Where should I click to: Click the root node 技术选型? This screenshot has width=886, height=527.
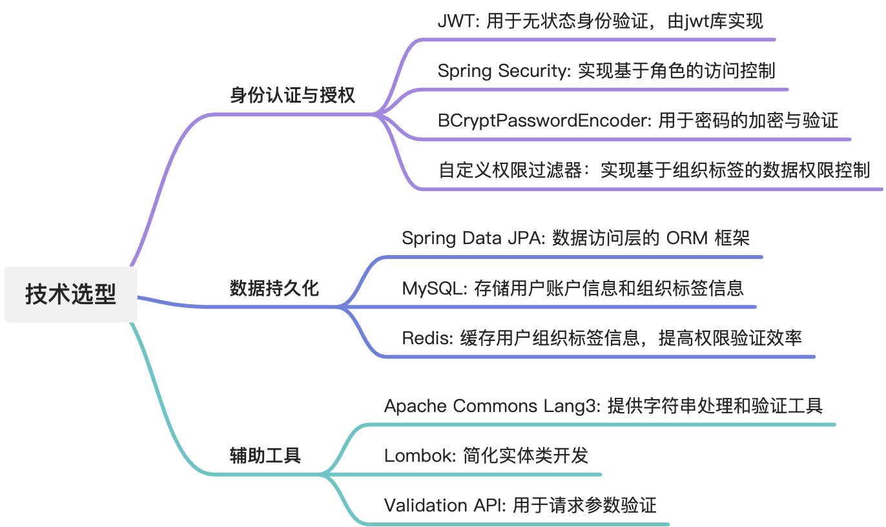pyautogui.click(x=70, y=294)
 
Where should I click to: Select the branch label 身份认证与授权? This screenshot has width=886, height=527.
pyautogui.click(x=293, y=96)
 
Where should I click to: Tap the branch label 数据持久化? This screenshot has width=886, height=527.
pyautogui.click(x=274, y=288)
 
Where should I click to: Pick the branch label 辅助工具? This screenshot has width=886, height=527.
pyautogui.click(x=265, y=455)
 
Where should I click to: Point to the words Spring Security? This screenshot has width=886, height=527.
pyautogui.click(x=501, y=70)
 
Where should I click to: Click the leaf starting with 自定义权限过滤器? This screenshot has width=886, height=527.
pyautogui.click(x=654, y=170)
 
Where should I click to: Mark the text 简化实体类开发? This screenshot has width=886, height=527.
pyautogui.click(x=526, y=455)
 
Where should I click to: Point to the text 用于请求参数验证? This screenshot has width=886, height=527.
pyautogui.click(x=584, y=504)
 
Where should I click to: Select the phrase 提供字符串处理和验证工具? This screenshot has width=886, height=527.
pyautogui.click(x=715, y=406)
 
